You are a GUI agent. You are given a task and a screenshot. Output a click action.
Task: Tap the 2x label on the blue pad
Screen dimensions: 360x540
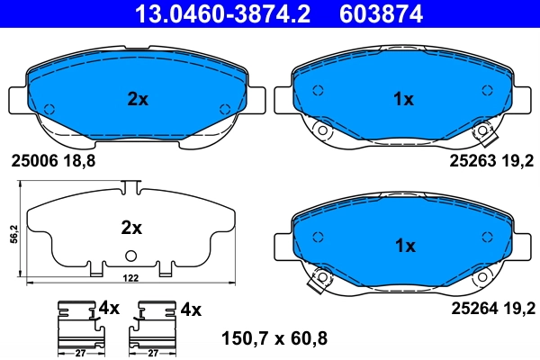[137, 100]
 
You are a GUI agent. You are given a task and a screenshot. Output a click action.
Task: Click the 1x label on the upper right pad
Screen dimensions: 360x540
[404, 100]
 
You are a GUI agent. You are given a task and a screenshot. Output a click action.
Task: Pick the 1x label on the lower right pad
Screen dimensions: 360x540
[404, 246]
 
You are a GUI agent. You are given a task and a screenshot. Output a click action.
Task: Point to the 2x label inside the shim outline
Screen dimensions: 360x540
[132, 228]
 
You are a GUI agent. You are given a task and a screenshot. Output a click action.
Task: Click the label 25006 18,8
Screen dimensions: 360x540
[52, 161]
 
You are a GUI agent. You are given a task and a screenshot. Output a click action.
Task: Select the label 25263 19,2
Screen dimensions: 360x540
[491, 161]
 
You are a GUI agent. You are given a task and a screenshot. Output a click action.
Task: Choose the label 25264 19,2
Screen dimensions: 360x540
[491, 308]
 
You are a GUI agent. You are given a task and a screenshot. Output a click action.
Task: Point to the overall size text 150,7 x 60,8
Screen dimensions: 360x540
[274, 338]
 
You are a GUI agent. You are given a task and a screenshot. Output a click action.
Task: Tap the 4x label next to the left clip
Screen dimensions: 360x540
[109, 309]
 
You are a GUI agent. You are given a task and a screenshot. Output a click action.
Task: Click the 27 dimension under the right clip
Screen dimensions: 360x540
[152, 355]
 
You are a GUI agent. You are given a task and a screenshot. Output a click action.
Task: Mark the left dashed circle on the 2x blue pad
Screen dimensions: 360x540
[49, 109]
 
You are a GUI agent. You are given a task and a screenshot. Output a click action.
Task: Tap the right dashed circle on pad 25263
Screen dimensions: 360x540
[487, 90]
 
